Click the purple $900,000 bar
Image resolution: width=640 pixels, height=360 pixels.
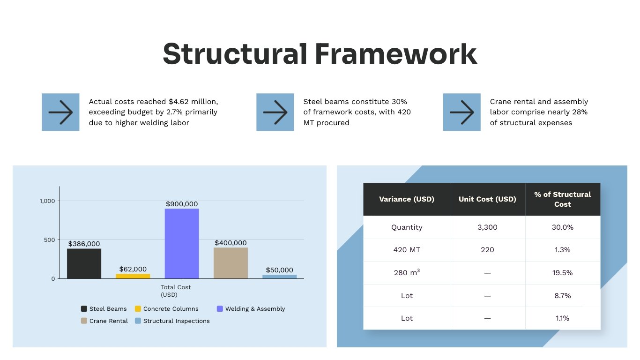tap(182, 243)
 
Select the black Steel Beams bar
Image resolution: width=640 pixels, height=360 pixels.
tap(84, 263)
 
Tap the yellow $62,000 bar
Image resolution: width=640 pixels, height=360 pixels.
tap(133, 276)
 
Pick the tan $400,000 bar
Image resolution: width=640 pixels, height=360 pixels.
tap(231, 263)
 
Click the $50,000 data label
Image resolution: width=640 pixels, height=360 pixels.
tap(279, 270)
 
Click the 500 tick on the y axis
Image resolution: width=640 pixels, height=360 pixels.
tap(50, 240)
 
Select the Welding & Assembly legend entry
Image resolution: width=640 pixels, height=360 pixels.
tap(251, 309)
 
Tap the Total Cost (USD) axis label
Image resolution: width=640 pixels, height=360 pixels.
tap(176, 291)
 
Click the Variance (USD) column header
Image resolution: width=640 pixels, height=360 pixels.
tap(406, 199)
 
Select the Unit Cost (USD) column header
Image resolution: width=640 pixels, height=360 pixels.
tap(487, 199)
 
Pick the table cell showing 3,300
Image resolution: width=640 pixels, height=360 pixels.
tap(487, 227)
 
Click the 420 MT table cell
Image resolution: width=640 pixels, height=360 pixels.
tap(407, 250)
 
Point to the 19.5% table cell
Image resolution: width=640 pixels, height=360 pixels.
tap(562, 273)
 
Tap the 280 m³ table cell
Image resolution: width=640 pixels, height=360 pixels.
tap(407, 273)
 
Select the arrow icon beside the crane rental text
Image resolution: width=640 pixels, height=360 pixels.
tap(461, 112)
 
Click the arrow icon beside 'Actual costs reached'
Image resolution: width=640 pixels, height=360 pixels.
tap(60, 112)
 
